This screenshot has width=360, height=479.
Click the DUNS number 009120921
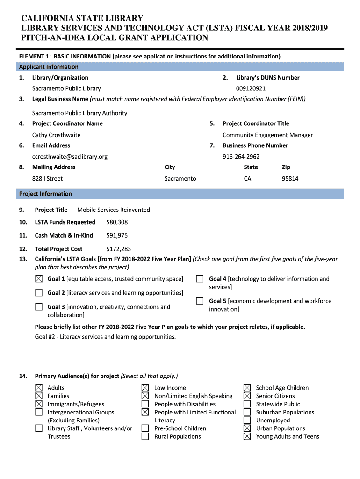pos(251,88)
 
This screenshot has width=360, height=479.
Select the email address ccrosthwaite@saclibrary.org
pos(70,157)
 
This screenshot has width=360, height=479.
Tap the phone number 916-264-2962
pos(241,157)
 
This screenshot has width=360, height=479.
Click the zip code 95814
pos(290,179)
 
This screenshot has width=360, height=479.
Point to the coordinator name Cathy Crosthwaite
pos(56,135)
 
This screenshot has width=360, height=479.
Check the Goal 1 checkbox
pos(39,279)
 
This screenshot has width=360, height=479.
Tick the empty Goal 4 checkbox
pos(200,279)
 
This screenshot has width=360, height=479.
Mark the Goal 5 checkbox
pos(200,301)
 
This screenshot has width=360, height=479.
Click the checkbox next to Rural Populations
pos(145,437)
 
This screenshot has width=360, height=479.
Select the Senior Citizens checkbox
pos(247,396)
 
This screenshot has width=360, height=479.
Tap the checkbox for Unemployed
pos(247,421)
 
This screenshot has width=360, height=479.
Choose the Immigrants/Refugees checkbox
pos(39,404)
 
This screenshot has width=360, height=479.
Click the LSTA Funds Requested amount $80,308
pos(117,222)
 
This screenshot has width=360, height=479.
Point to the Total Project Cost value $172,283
pos(118,249)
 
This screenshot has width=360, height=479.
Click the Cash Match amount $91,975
pos(117,236)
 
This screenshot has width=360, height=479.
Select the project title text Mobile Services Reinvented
pos(114,210)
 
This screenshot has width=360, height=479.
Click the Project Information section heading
pos(45,194)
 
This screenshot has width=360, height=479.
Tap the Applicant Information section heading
pos(49,67)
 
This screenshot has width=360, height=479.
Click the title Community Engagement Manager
pos(267,135)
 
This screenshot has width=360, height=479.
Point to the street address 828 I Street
pos(47,179)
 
